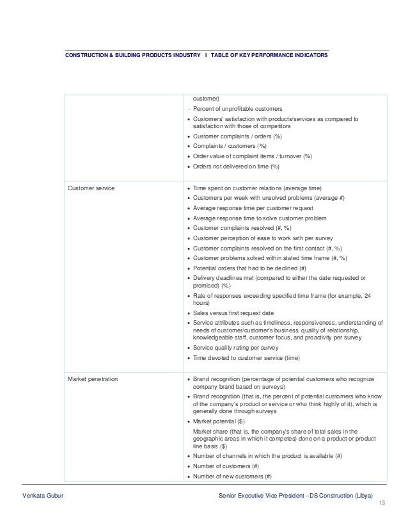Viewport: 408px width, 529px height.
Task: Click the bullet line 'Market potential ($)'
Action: [x=219, y=421]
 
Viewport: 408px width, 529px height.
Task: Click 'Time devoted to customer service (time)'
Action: [x=246, y=357]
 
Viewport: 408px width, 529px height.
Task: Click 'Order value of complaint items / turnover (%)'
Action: [x=252, y=156]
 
